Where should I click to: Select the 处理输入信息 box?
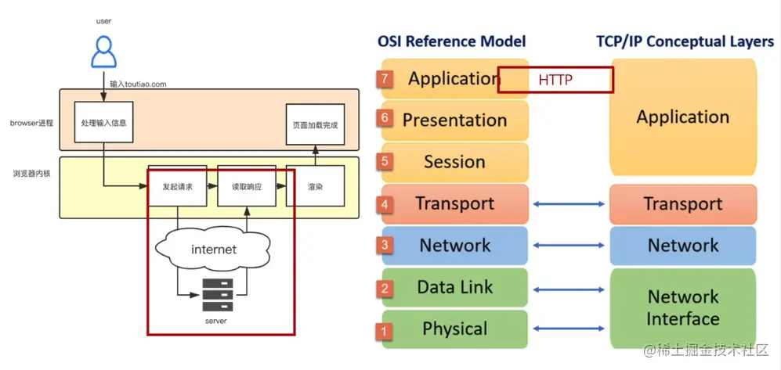(103, 123)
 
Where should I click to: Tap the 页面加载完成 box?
(315, 124)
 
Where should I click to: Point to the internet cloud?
(213, 250)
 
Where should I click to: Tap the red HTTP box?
(555, 80)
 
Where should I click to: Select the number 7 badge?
(384, 79)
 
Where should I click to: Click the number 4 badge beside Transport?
(384, 204)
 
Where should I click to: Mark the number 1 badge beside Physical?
(384, 331)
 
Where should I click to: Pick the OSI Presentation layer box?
(454, 120)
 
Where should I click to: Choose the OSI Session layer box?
(454, 162)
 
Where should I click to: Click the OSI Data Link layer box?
(454, 287)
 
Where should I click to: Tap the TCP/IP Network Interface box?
(683, 307)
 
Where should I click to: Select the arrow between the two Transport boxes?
(569, 204)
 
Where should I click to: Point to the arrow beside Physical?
(569, 329)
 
